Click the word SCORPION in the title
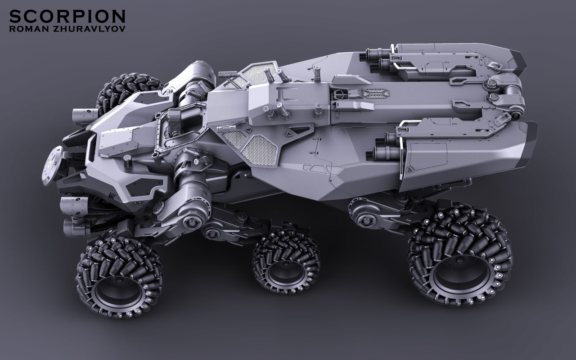(67, 17)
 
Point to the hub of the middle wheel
(285, 273)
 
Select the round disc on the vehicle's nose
(52, 166)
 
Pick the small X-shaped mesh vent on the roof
(376, 93)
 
